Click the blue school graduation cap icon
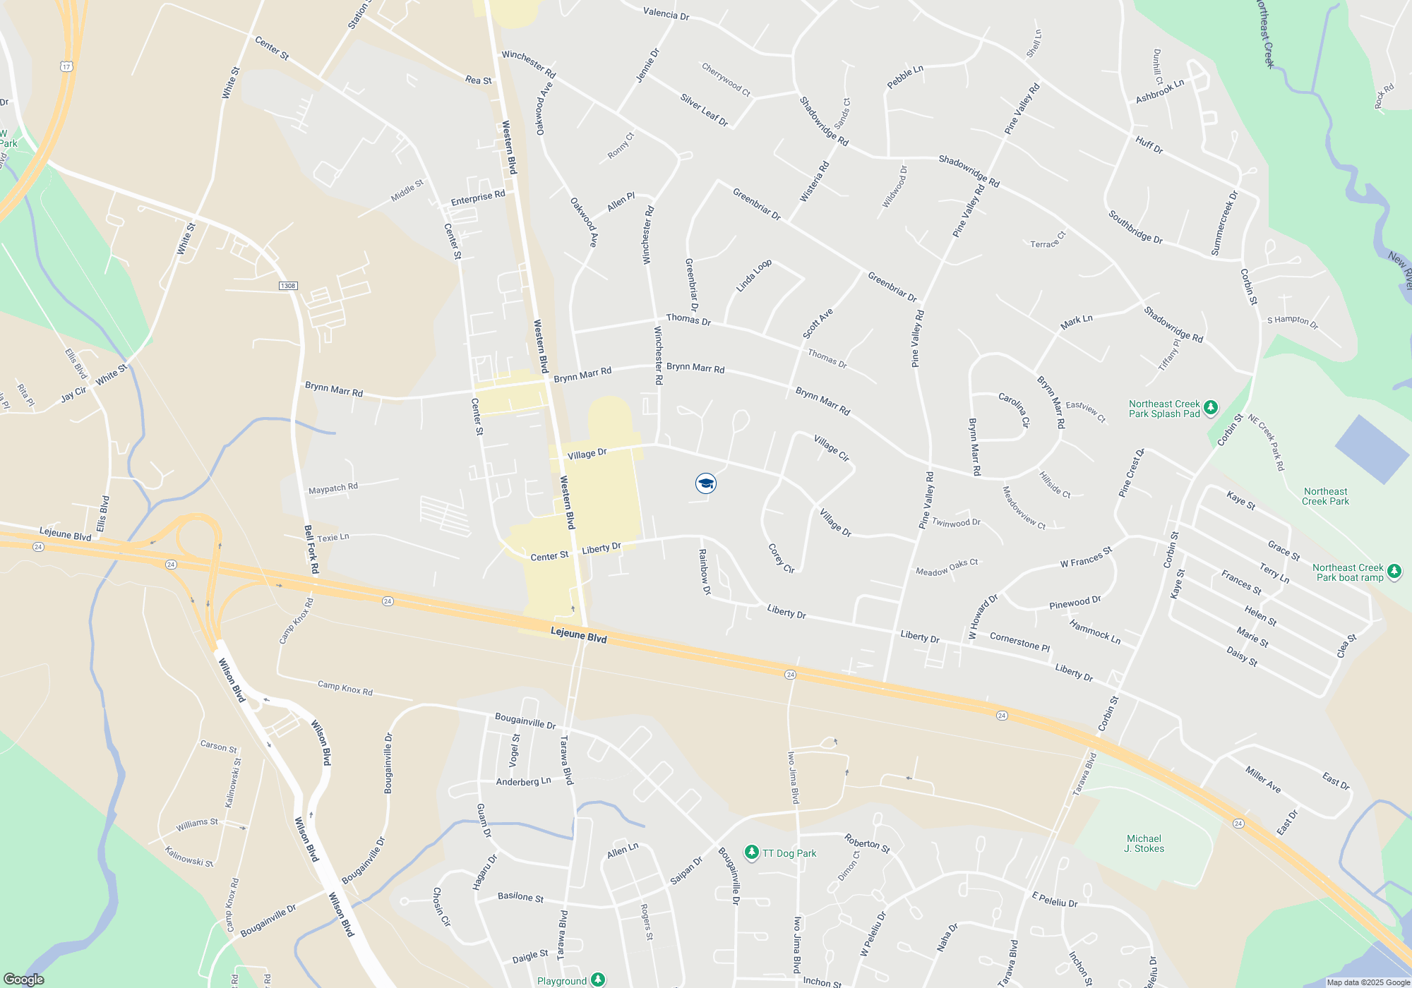[x=706, y=483]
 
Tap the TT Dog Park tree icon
[x=752, y=853]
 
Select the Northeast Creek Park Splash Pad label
[x=1164, y=409]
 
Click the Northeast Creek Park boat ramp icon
[x=1394, y=572]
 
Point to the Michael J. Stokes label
[x=1144, y=843]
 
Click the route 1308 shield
[x=287, y=286]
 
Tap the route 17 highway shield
[x=66, y=66]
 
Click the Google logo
[x=23, y=979]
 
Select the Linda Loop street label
[x=753, y=275]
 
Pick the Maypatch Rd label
[x=333, y=488]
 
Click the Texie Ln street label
[x=333, y=538]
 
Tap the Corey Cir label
[x=781, y=558]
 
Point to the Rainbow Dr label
[x=705, y=572]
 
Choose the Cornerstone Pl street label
[x=1019, y=641]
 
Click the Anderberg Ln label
[x=523, y=782]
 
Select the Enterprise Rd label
[x=478, y=198]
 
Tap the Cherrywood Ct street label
[x=726, y=79]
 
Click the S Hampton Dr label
[x=1292, y=321]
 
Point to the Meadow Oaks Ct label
[x=947, y=567]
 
